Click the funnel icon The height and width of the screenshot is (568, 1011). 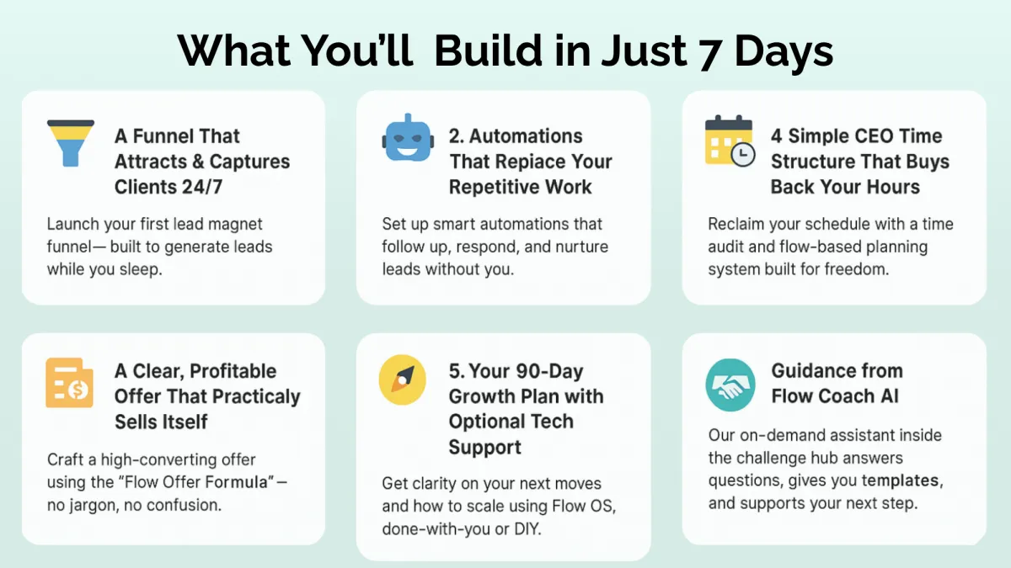(71, 143)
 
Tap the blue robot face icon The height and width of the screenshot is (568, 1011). (408, 138)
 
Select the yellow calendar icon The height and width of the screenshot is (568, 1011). (730, 141)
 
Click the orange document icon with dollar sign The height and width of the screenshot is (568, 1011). (69, 383)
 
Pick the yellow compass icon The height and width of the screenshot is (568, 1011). (402, 380)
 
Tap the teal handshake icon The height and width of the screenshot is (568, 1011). (730, 385)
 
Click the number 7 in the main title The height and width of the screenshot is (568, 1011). (709, 53)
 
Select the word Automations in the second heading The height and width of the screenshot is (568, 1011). (526, 135)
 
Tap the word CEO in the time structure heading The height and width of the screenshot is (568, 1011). (841, 135)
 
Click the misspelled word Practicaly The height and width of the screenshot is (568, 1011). (255, 397)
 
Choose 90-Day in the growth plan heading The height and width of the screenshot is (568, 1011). (548, 371)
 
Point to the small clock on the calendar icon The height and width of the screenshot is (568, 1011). (743, 155)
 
